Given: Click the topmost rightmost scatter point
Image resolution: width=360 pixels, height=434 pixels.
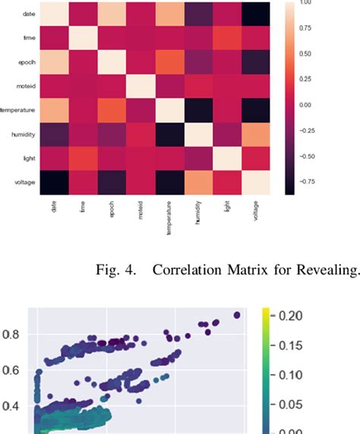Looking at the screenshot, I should [237, 315].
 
